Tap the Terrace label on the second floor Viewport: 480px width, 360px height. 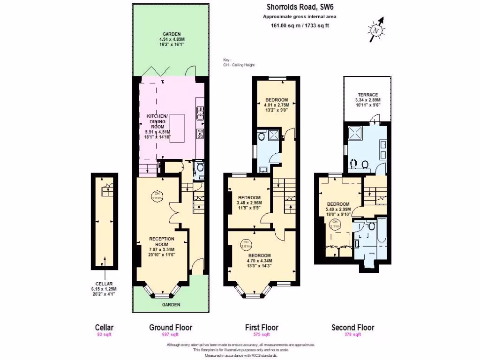[367, 95]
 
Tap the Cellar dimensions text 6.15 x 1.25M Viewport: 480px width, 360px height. [104, 288]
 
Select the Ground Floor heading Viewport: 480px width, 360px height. [170, 327]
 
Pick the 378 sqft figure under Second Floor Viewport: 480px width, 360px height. [352, 335]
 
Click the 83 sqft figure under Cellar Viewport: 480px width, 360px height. [105, 335]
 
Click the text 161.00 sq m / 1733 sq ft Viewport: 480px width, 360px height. [300, 25]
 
